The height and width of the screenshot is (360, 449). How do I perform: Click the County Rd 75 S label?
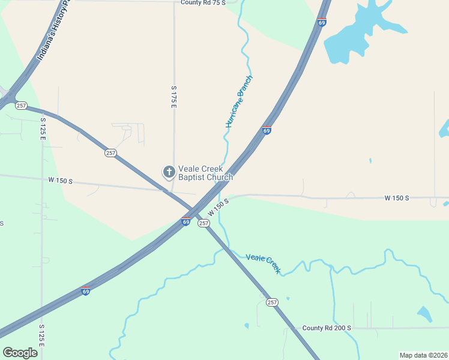click(203, 3)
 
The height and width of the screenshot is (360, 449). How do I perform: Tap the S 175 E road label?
click(173, 96)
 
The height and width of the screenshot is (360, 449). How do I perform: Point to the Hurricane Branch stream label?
click(240, 101)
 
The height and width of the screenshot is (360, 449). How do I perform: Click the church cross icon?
click(169, 173)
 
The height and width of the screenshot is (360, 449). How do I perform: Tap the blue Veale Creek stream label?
click(263, 264)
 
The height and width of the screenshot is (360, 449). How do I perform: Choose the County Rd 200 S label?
click(327, 328)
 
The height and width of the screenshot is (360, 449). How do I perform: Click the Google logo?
click(20, 352)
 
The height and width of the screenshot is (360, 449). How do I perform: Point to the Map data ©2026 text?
click(423, 355)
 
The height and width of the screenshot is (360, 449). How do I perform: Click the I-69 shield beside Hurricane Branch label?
click(267, 130)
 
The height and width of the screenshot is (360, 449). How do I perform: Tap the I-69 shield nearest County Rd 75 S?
click(322, 23)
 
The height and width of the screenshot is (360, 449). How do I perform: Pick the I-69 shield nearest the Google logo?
click(86, 291)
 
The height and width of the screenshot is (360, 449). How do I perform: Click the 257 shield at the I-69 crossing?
click(203, 223)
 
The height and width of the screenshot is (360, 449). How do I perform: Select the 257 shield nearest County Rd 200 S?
click(273, 302)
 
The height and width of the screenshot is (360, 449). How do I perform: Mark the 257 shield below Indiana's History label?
click(22, 106)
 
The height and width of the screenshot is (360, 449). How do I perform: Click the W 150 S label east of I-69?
click(397, 198)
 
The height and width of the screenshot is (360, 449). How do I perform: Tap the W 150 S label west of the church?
click(61, 180)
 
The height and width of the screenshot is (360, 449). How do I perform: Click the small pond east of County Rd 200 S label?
click(424, 314)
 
